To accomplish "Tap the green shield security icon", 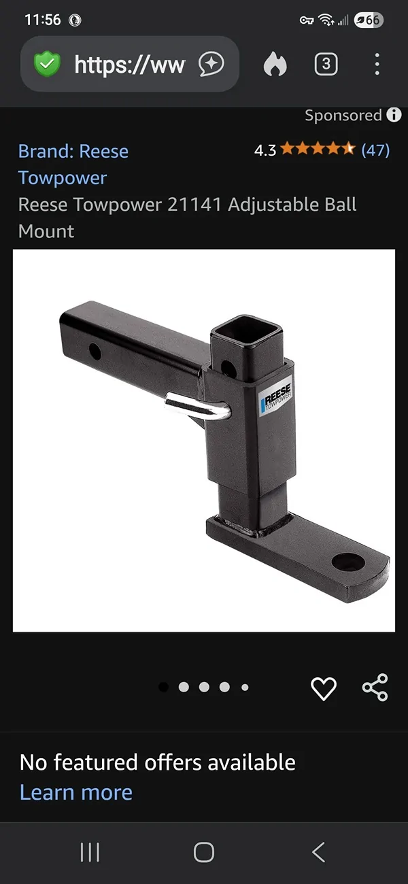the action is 47,63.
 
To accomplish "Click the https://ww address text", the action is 129,65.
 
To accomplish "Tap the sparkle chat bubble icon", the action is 211,64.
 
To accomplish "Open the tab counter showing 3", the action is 326,63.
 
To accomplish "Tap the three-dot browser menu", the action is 377,64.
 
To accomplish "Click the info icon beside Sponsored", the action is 394,115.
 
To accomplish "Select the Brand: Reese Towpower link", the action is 73,165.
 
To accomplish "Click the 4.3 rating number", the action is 265,150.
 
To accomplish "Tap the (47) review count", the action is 375,150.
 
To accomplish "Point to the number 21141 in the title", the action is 194,205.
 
